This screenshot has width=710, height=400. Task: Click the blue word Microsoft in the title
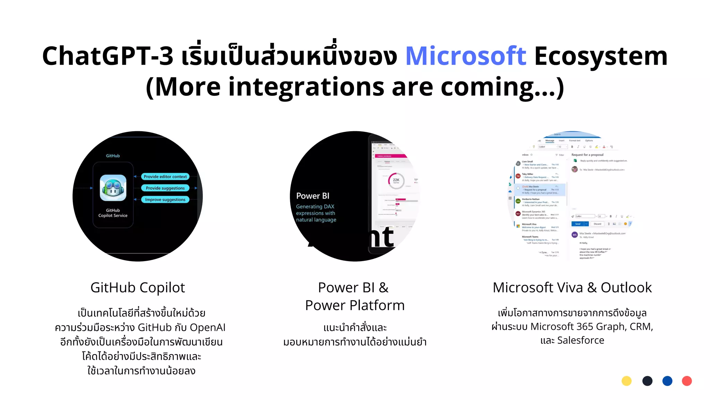coord(466,56)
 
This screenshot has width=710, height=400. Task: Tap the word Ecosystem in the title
coord(601,56)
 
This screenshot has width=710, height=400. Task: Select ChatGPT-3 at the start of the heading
coord(107,56)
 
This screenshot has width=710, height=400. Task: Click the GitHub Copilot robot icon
coord(113,188)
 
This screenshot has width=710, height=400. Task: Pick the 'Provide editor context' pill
coord(165,177)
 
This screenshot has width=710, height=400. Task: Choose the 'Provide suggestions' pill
coord(165,188)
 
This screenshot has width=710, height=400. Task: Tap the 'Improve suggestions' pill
coord(165,200)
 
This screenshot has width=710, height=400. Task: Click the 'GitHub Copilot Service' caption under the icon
coord(113,213)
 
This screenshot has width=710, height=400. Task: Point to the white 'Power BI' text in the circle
coord(313,196)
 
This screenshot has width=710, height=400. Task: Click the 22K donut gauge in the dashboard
coord(396,180)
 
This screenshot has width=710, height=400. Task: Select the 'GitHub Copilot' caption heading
coord(138,287)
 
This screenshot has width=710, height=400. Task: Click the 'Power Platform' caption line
coord(355,305)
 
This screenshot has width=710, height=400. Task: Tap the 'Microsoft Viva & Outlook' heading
coord(572,287)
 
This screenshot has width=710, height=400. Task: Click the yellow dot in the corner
coord(626,381)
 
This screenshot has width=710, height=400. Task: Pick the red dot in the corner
coord(687,381)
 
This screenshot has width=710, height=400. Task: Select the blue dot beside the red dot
coord(667,381)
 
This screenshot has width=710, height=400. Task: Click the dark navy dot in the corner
coord(647,381)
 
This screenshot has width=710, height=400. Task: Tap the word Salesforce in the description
coord(581,340)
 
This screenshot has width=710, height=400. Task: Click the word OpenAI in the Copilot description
coord(207,327)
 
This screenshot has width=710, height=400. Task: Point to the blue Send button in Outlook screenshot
coord(578,224)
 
